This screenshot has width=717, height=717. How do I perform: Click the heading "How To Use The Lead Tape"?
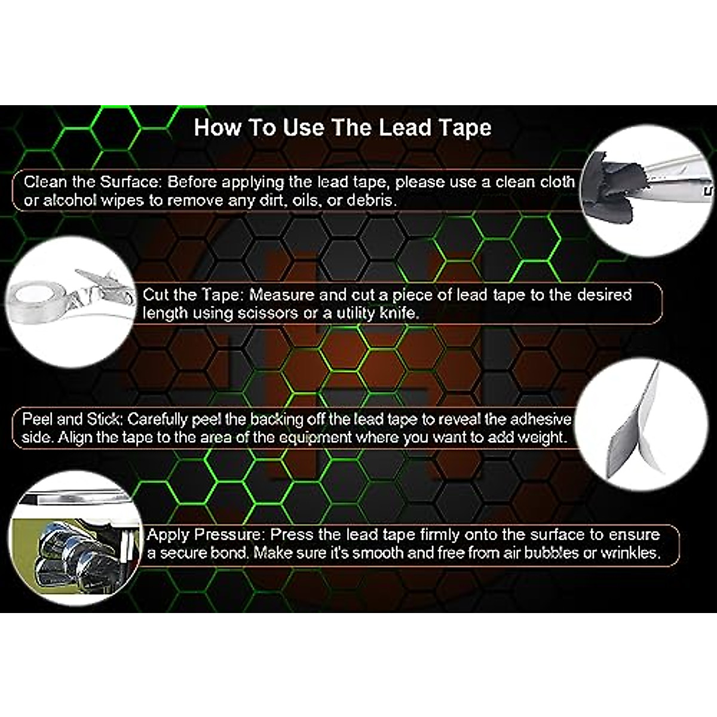tap(342, 128)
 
